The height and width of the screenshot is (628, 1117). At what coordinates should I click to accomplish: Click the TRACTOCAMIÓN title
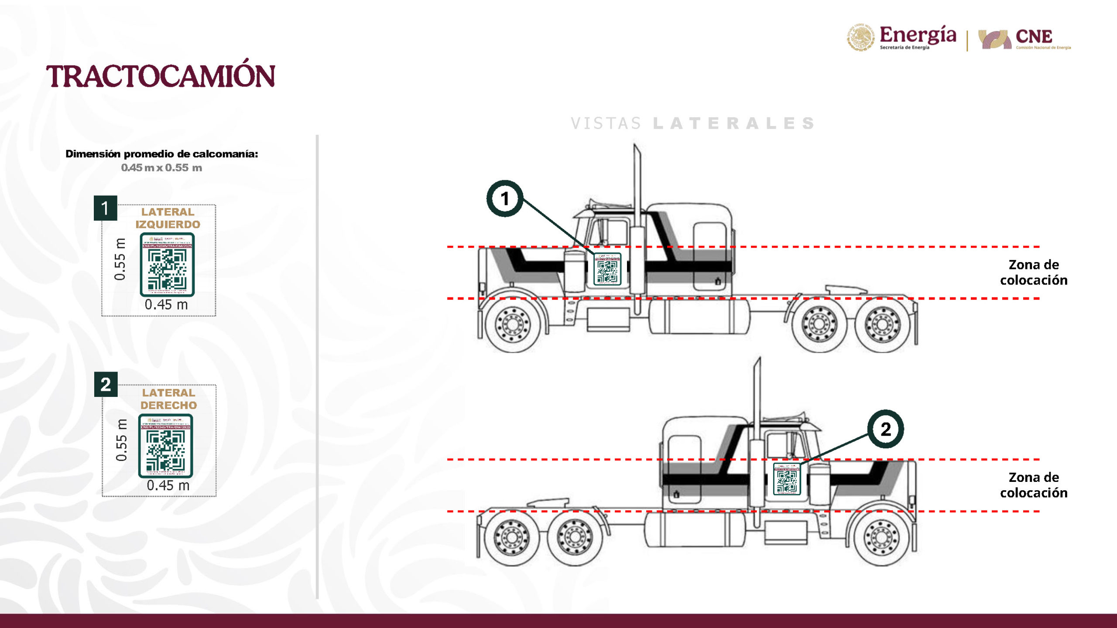click(x=161, y=76)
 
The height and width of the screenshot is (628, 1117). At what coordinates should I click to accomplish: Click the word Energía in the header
click(x=918, y=35)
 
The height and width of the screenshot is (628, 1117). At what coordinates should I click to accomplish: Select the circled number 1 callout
click(x=505, y=199)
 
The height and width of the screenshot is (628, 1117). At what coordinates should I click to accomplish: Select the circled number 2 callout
click(x=885, y=429)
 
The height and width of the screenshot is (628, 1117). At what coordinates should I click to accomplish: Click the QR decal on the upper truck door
click(x=607, y=269)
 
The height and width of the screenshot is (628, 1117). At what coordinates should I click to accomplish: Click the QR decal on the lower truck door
click(x=787, y=479)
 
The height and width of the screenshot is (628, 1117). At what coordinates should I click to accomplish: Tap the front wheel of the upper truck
click(x=513, y=324)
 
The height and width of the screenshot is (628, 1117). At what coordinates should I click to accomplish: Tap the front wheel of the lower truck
click(x=881, y=537)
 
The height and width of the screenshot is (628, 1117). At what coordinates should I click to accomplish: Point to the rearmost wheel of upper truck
click(x=882, y=324)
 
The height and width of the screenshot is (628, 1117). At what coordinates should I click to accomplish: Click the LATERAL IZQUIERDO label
click(x=168, y=218)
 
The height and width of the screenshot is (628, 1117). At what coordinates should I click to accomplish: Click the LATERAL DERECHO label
click(x=168, y=399)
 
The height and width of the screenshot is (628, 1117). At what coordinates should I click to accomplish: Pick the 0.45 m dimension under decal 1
click(x=166, y=304)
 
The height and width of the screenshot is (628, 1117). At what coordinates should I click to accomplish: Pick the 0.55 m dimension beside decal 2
click(x=121, y=440)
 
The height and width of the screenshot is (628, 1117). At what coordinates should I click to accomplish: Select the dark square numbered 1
click(x=105, y=208)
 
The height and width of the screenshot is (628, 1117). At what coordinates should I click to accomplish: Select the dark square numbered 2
click(x=106, y=384)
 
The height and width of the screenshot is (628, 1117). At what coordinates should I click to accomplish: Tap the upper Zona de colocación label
click(x=1033, y=272)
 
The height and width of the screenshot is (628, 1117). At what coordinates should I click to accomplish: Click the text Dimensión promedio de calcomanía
click(x=161, y=154)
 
